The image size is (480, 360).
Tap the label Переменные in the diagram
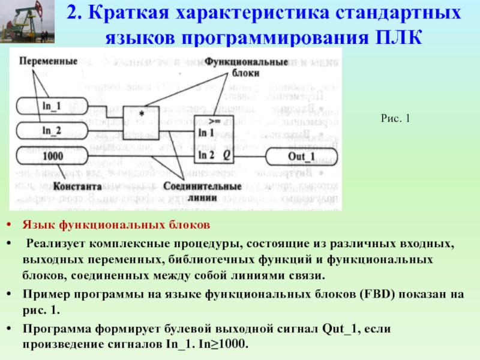coord(47,61)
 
